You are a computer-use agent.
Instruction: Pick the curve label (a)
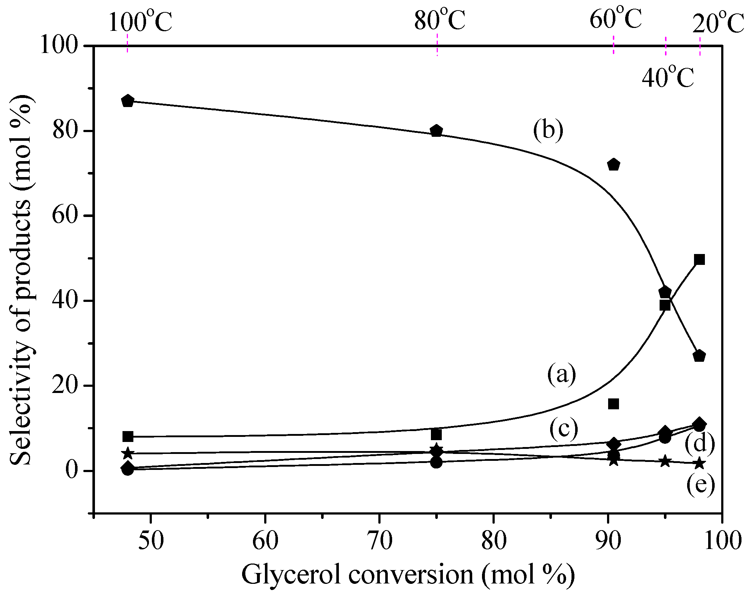pos(561,374)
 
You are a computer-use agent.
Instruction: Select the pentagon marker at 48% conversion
pos(128,101)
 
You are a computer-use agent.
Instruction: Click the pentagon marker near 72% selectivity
pos(614,165)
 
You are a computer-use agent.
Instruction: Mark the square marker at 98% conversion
pos(699,259)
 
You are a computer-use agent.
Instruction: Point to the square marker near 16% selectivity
pos(613,403)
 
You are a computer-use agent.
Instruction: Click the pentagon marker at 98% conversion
pos(699,356)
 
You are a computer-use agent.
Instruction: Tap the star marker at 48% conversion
pos(128,453)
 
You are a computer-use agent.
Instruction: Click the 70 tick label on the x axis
pos(379,541)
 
